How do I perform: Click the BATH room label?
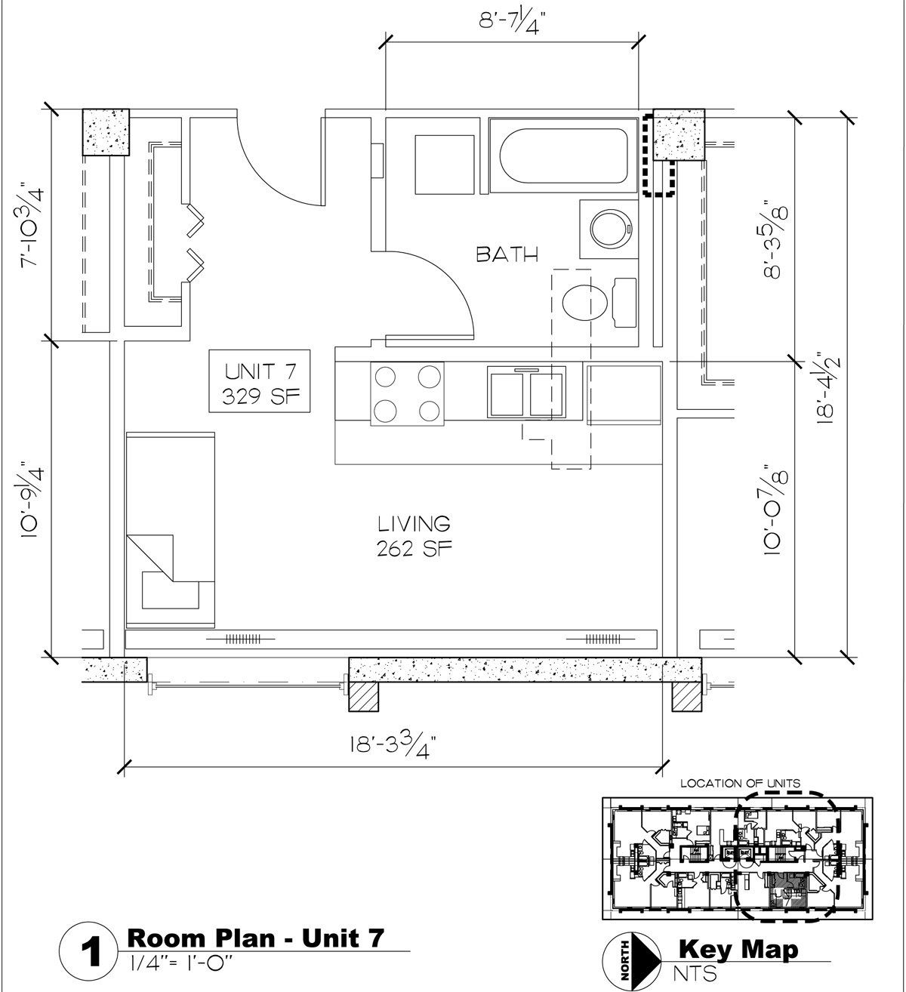click(507, 254)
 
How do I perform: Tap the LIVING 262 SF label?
click(414, 535)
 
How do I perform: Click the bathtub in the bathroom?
click(562, 152)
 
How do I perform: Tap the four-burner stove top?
click(406, 393)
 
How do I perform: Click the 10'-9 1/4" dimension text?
click(32, 499)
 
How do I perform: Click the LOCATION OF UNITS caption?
click(740, 784)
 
